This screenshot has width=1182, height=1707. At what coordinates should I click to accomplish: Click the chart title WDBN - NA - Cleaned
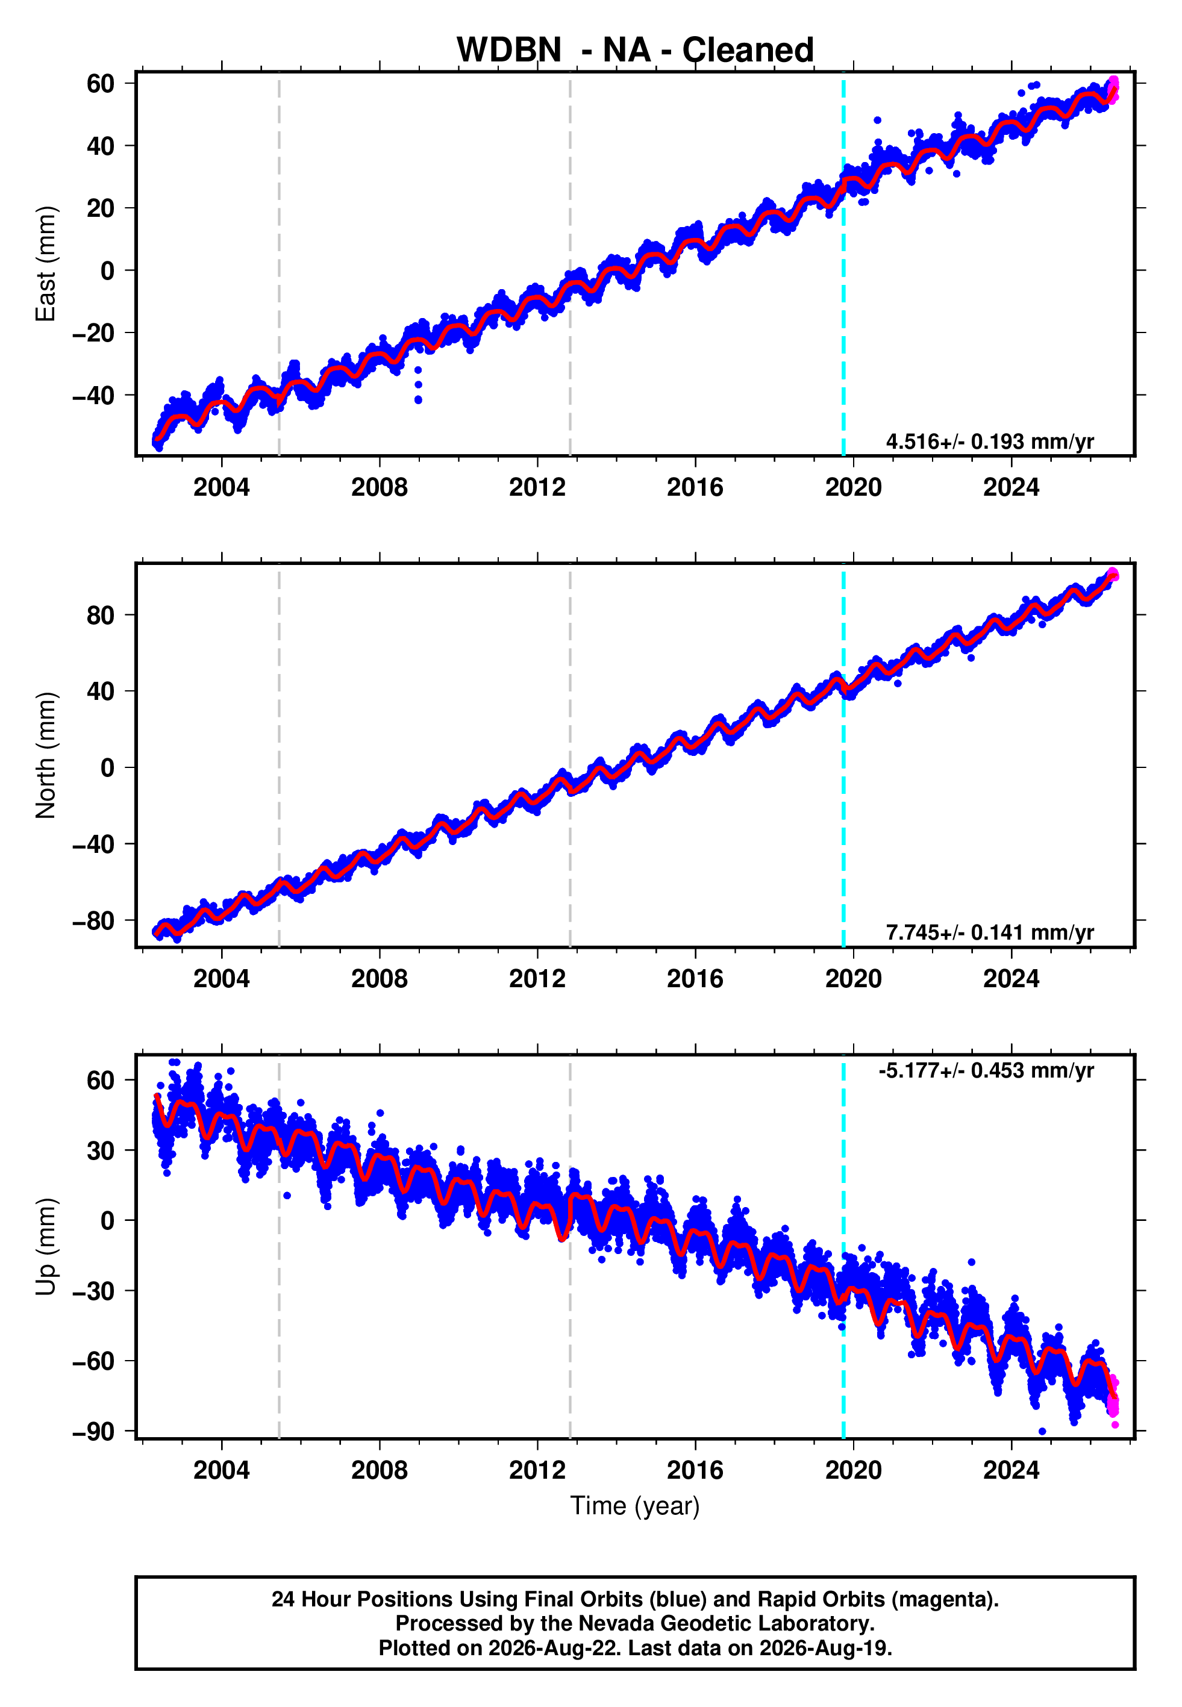[x=635, y=51]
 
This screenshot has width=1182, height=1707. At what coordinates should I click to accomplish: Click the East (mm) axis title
[x=46, y=264]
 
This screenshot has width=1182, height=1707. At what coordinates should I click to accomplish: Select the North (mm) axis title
[x=46, y=755]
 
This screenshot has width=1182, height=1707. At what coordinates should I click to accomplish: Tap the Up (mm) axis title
[x=46, y=1247]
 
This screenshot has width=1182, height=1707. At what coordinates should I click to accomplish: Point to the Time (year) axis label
[x=635, y=1506]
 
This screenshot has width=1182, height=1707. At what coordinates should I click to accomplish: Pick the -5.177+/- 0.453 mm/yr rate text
[x=986, y=1070]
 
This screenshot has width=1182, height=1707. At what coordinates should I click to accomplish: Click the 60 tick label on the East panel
[x=101, y=84]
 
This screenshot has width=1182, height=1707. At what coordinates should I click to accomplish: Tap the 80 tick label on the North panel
[x=101, y=615]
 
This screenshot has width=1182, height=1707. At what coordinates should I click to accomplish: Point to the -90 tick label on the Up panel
[x=93, y=1432]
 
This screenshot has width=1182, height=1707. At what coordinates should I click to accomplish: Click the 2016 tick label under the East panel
[x=695, y=487]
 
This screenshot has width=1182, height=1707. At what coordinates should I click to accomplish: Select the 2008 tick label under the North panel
[x=379, y=979]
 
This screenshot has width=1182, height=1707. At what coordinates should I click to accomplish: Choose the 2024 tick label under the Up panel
[x=1011, y=1470]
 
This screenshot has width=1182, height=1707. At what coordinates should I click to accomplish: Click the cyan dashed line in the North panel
[x=843, y=755]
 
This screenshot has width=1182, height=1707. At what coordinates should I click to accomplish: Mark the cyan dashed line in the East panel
[x=843, y=264]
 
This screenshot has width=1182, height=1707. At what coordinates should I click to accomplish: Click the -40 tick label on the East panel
[x=93, y=396]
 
